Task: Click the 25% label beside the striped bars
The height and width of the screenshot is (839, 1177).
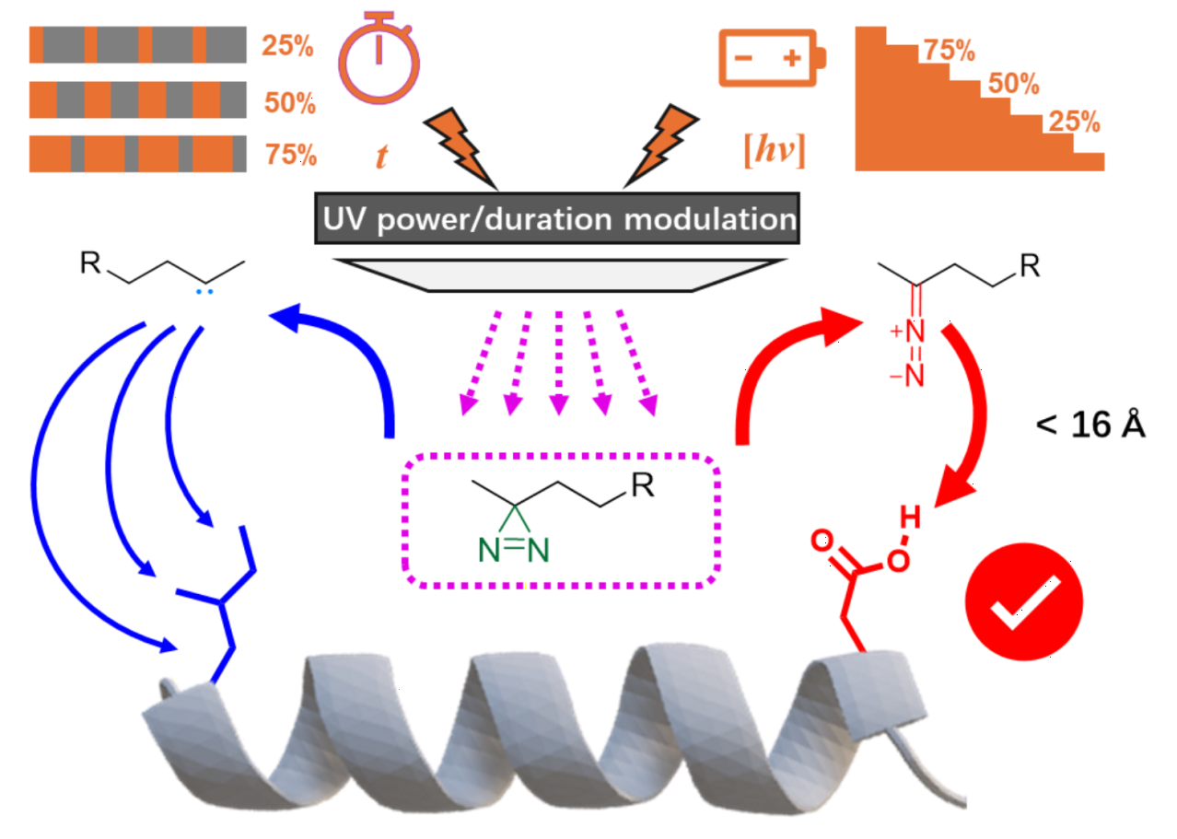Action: (x=286, y=45)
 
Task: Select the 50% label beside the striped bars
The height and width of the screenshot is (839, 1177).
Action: (x=289, y=102)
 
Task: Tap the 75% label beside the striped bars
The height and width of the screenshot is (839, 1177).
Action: (x=290, y=155)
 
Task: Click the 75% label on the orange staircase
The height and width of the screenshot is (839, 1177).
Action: (x=949, y=51)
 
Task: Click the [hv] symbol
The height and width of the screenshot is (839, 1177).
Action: (x=775, y=151)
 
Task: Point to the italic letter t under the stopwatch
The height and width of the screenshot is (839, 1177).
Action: (x=380, y=156)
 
